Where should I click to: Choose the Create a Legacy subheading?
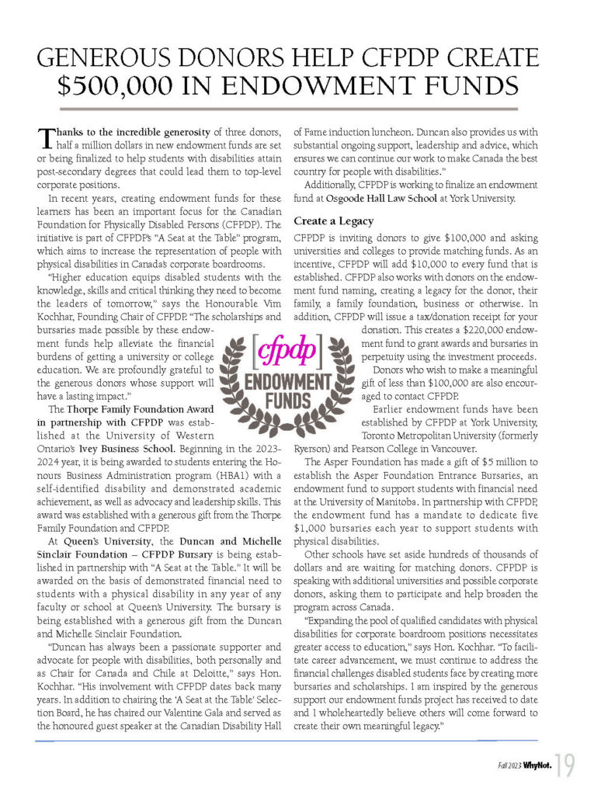point(334,221)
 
